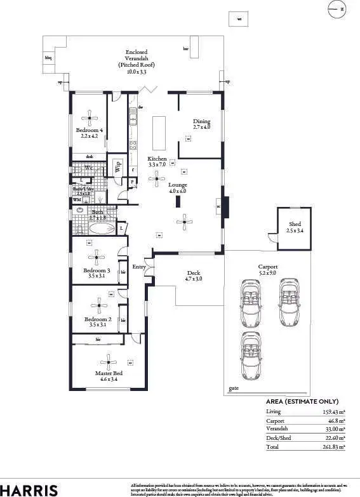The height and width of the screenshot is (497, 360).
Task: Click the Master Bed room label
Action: pyautogui.click(x=109, y=373)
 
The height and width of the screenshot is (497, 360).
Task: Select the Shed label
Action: pyautogui.click(x=295, y=224)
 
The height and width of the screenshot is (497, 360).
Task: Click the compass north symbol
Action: pyautogui.click(x=337, y=9)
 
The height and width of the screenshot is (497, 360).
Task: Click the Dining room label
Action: pyautogui.click(x=201, y=121)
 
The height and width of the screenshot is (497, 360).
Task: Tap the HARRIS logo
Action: pyautogui.click(x=29, y=489)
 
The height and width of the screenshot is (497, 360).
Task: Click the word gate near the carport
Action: pyautogui.click(x=234, y=388)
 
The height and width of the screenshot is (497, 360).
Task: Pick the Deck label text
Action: pyautogui.click(x=193, y=273)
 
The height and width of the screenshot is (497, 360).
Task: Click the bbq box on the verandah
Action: pyautogui.click(x=48, y=58)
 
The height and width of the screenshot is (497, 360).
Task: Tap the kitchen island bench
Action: pyautogui.click(x=158, y=132)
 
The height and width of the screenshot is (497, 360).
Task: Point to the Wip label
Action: pyautogui.click(x=117, y=166)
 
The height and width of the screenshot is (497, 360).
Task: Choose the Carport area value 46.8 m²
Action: pyautogui.click(x=335, y=420)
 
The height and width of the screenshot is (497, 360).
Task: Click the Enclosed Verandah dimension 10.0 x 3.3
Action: pyautogui.click(x=140, y=72)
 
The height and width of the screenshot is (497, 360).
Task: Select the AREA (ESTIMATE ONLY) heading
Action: pyautogui.click(x=302, y=402)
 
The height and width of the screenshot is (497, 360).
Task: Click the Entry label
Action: pyautogui.click(x=139, y=267)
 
